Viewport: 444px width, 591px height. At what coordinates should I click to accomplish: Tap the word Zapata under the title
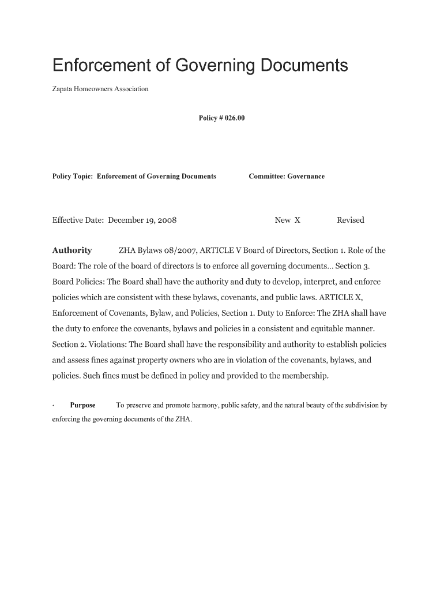63,89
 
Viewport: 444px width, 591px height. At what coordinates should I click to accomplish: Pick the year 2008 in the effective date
167,220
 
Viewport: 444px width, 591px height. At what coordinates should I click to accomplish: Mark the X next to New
297,220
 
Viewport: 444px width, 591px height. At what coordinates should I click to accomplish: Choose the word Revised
350,220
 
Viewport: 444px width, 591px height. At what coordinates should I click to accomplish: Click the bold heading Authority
72,250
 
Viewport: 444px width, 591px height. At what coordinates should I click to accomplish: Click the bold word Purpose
82,405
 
